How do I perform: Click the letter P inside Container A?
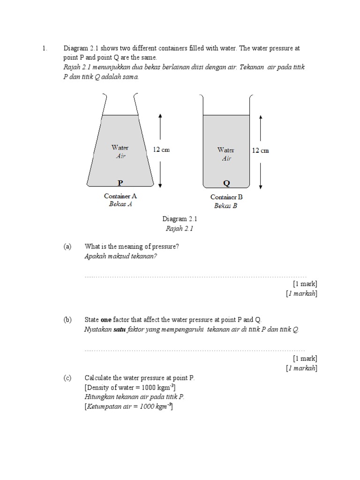click(x=120, y=182)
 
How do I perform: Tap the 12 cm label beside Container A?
click(x=161, y=150)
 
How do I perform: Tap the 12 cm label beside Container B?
click(x=261, y=150)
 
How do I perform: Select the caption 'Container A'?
click(x=120, y=196)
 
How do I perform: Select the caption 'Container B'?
click(x=226, y=197)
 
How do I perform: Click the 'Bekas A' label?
click(x=120, y=204)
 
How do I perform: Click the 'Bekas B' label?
click(x=226, y=206)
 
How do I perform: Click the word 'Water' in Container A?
click(x=120, y=148)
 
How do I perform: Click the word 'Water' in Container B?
click(x=225, y=150)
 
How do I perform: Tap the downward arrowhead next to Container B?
click(x=260, y=185)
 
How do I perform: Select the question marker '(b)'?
click(x=67, y=320)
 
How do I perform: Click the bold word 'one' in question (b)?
click(x=106, y=320)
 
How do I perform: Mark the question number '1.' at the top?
click(x=45, y=48)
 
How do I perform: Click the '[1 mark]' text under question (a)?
click(x=305, y=284)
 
